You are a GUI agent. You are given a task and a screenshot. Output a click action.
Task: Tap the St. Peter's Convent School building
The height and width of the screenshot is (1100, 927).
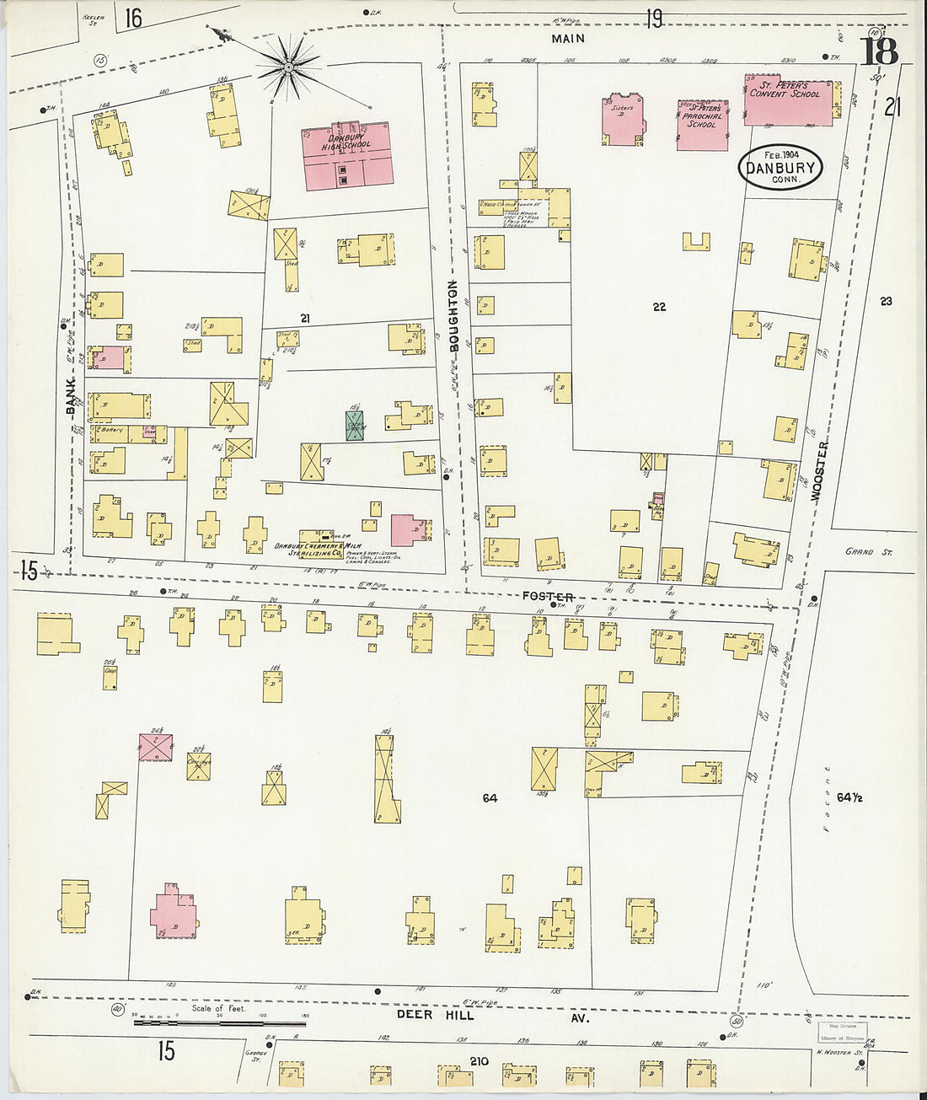[x=787, y=103]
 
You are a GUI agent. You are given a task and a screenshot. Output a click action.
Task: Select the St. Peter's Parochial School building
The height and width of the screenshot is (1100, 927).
[x=702, y=125]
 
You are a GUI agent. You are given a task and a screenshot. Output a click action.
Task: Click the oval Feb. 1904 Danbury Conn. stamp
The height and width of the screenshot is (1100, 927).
[x=780, y=167]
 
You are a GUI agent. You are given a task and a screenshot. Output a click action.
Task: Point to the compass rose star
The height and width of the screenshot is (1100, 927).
[x=287, y=65]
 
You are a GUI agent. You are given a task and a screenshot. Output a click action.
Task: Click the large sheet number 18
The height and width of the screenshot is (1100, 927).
[x=879, y=52]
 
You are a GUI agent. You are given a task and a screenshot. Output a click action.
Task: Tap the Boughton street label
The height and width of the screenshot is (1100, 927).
[x=453, y=316]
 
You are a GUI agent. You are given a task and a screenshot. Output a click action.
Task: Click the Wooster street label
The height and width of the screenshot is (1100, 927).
[x=819, y=472]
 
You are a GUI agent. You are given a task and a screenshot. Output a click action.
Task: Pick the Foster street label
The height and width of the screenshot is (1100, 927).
[x=548, y=596]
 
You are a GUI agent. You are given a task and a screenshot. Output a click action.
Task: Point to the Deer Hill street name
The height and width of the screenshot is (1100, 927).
[x=436, y=1015]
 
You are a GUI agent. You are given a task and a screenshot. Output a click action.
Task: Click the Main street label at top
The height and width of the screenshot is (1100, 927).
[x=568, y=39]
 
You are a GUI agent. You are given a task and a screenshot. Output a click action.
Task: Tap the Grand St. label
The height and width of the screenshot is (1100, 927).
[x=868, y=552]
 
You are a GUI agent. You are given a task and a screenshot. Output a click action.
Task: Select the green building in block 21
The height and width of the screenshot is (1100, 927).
[x=355, y=426]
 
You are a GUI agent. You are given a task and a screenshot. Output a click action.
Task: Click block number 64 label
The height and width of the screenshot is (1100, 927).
[x=490, y=797]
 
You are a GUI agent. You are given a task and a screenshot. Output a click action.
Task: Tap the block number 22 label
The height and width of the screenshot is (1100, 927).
[x=659, y=307]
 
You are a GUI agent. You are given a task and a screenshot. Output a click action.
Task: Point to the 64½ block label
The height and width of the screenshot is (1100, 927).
[x=849, y=797]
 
